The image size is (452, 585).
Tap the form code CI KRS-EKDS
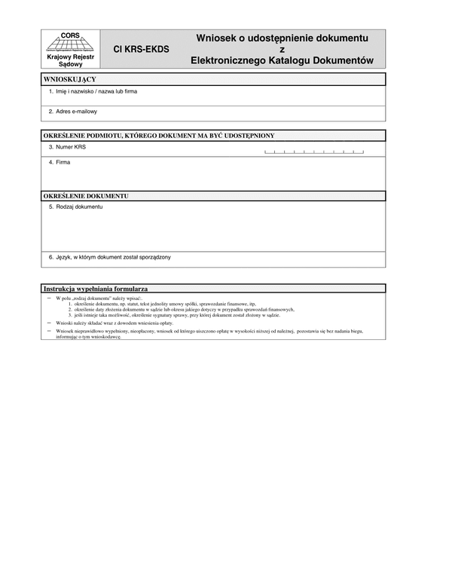tap(141, 50)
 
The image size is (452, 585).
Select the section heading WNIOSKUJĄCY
tap(70, 79)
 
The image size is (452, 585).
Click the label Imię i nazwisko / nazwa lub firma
tap(93, 91)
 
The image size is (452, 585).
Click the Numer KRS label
tap(67, 147)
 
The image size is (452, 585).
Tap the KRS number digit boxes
tap(313, 152)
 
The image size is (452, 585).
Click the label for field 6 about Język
tap(109, 257)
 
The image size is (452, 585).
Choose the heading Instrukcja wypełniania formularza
tap(96, 289)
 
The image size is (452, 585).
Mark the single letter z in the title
tap(282, 49)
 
